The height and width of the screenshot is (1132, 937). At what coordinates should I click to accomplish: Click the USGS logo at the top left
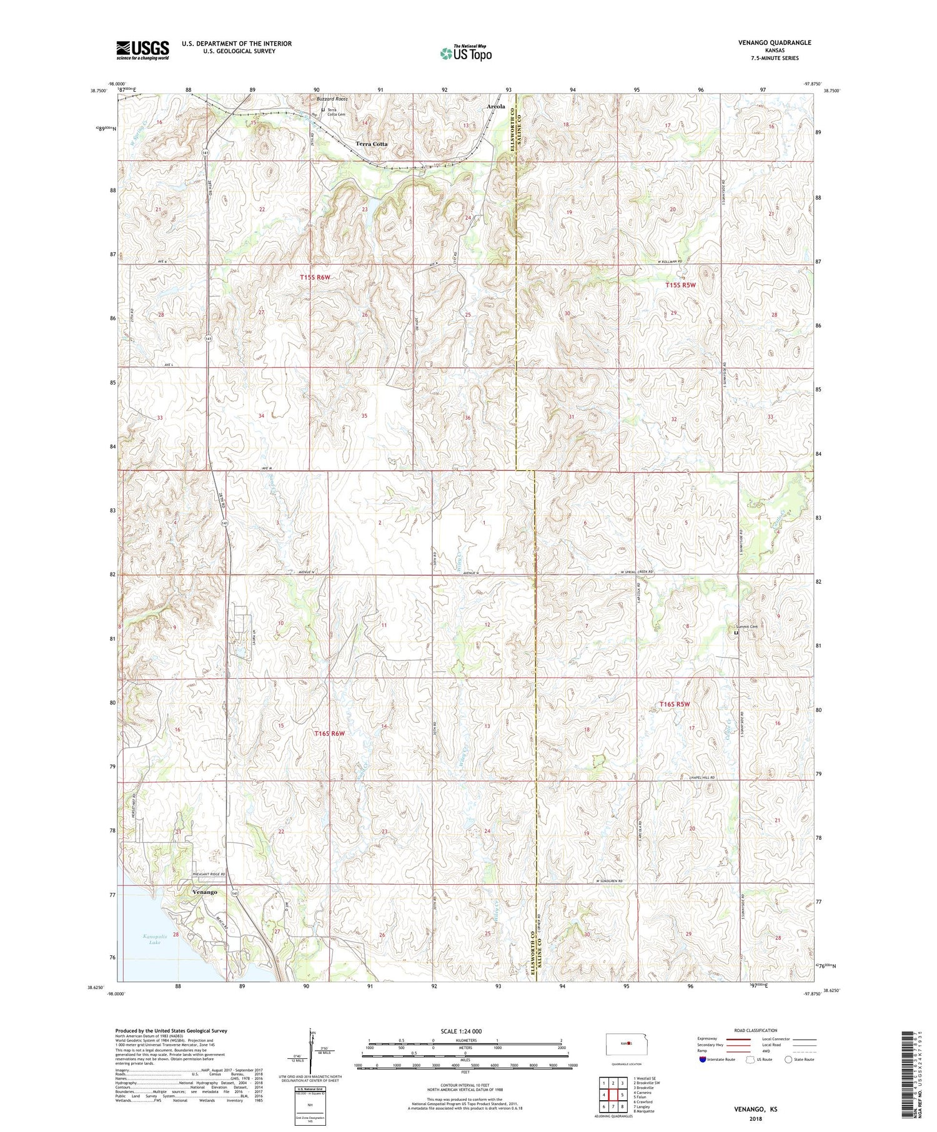pos(142,50)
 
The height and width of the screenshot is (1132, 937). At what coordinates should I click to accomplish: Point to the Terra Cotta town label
pos(372,144)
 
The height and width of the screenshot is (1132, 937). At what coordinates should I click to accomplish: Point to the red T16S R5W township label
pos(675,704)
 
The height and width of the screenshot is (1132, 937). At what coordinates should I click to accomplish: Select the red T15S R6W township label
pos(314,277)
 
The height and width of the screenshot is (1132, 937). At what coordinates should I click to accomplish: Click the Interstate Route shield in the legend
pos(703,1060)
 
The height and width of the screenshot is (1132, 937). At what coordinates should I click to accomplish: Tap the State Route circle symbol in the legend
pos(788,1060)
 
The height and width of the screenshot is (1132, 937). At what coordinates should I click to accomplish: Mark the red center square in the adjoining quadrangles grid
pos(613,1095)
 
